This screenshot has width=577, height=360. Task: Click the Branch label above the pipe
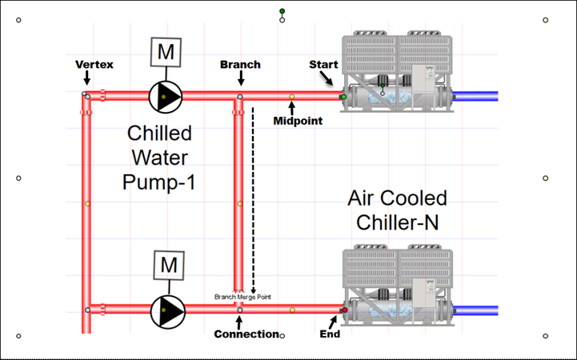coord(240,64)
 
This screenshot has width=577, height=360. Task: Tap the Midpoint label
coord(298,121)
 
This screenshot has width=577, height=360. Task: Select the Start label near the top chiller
coord(323,64)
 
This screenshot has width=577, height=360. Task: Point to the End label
coord(330,334)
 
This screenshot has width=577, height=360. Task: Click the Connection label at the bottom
coord(246,334)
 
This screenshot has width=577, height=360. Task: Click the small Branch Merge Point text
coord(242,297)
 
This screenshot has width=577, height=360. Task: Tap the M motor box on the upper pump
coord(166,52)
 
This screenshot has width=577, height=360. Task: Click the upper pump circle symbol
coord(165,96)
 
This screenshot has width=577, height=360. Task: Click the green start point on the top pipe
coord(343,97)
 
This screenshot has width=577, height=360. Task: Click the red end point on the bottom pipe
coord(345,310)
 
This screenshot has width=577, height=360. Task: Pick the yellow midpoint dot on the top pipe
coord(291,97)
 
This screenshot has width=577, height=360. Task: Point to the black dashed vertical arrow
coord(253,200)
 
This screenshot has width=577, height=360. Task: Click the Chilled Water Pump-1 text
coord(160,157)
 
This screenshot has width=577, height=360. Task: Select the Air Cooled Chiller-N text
coord(398,210)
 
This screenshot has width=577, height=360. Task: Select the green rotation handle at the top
coord(282,11)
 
